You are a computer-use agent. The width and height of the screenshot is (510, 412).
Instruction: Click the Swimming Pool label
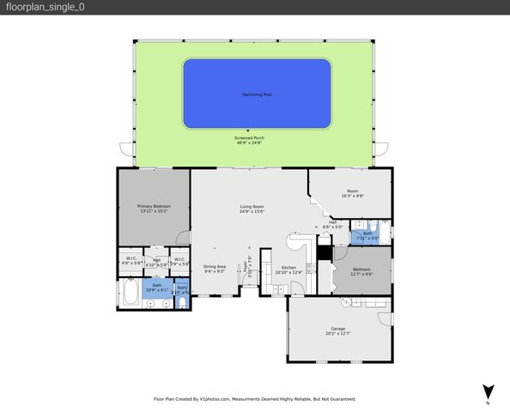tap(256, 94)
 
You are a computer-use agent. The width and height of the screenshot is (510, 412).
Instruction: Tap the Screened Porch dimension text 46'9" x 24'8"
tap(250, 142)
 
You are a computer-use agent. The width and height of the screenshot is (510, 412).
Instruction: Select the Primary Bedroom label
tap(154, 206)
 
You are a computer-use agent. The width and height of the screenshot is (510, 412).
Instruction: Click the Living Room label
tap(251, 206)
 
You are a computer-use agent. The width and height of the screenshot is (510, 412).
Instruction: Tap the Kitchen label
tap(288, 267)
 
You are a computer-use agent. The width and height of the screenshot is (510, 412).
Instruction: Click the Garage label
tap(337, 329)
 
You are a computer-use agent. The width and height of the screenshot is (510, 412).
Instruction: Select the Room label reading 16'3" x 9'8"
tap(352, 191)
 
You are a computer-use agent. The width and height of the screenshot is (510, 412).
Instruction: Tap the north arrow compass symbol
tap(488, 391)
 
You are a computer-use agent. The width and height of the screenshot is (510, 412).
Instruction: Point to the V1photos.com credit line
tap(254, 399)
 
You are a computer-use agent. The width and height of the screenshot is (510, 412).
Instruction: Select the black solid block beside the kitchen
tap(324, 252)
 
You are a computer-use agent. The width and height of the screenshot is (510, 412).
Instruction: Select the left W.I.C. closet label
tap(131, 258)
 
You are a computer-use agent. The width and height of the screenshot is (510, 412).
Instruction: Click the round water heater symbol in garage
tap(345, 301)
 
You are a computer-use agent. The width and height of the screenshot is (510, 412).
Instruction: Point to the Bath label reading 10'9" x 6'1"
tap(156, 288)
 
